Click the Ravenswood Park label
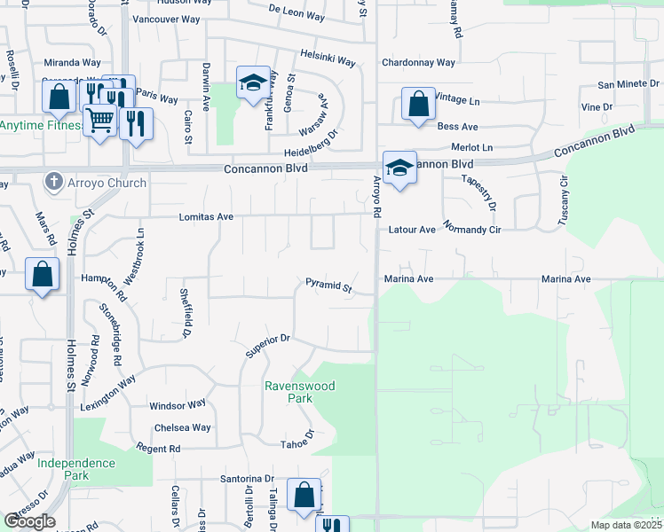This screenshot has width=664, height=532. (x=289, y=392)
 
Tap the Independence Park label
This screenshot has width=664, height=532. (x=76, y=469)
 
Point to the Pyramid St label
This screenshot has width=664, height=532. (x=329, y=286)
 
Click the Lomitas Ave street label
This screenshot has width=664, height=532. (x=206, y=216)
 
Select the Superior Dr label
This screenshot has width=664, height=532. (x=268, y=346)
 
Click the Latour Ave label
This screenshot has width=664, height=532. (x=412, y=230)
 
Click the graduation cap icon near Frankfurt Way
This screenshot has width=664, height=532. (x=253, y=83)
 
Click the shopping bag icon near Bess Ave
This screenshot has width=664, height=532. (x=418, y=104)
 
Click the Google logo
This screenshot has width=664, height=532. (x=29, y=521)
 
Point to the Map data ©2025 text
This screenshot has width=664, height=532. (x=626, y=525)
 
